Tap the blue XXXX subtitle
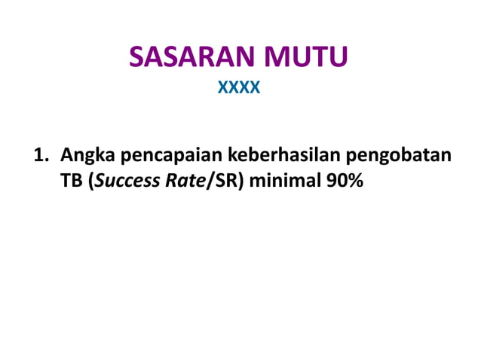pos(239,89)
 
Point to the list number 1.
pos(38,157)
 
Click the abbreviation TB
pos(72,181)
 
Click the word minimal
pos(283,181)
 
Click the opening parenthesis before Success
pos(91,182)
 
